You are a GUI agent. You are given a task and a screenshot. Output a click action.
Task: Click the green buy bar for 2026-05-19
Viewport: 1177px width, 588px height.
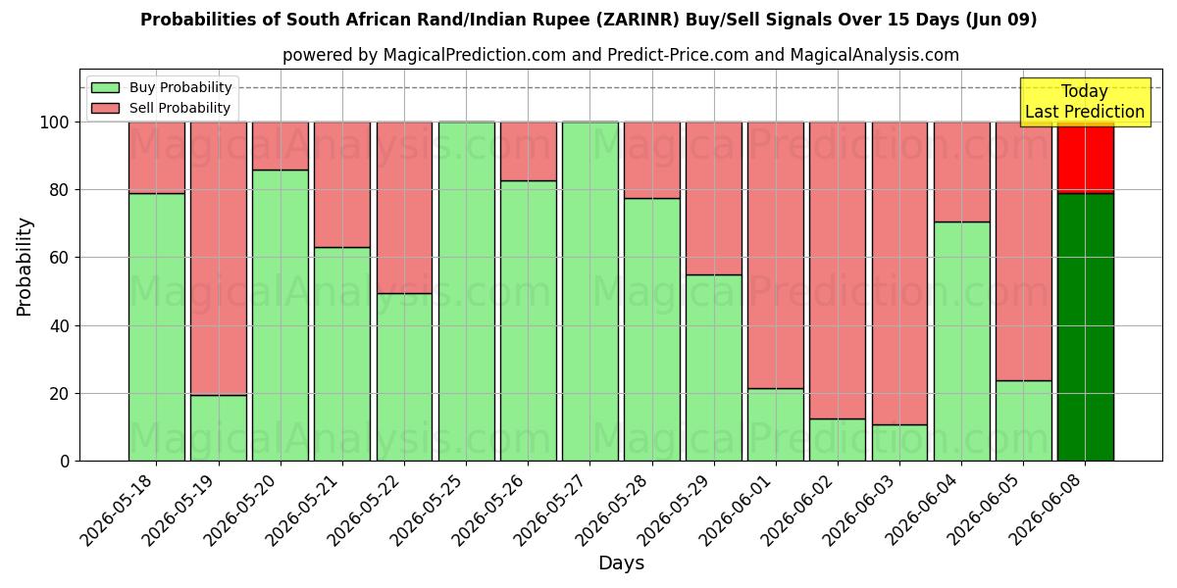pos(219,428)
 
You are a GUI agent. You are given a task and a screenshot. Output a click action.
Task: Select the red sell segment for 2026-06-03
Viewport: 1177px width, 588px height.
pos(899,273)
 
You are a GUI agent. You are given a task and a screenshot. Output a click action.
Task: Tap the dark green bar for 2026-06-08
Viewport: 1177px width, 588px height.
pos(1086,327)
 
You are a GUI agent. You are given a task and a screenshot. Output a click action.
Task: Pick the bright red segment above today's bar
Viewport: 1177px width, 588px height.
pos(1086,158)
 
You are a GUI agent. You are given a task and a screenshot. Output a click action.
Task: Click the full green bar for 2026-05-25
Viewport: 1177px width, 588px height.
pos(467,291)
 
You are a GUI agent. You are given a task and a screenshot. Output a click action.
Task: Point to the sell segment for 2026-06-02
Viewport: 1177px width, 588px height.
pos(838,270)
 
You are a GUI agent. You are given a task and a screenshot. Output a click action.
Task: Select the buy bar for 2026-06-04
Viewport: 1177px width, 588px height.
pos(961,341)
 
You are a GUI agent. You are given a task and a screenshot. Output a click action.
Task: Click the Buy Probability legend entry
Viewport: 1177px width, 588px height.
pos(161,87)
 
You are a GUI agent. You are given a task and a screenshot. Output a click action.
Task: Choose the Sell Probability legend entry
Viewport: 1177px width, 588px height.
pos(161,108)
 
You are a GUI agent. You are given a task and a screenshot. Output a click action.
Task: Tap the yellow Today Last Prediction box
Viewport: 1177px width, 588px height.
pos(1086,102)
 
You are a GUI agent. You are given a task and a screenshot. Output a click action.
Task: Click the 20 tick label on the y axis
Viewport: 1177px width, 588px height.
pos(59,394)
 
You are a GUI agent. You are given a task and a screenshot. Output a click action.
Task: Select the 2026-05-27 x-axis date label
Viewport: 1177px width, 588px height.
pos(550,510)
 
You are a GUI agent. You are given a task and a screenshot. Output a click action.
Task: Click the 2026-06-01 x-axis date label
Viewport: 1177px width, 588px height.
pos(737,510)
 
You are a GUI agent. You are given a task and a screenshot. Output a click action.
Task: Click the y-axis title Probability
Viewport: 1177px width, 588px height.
pos(25,267)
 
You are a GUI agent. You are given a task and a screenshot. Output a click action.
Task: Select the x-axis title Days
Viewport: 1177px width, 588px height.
pos(621,563)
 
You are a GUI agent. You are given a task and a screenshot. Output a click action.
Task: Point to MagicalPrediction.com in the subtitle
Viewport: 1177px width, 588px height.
pos(475,55)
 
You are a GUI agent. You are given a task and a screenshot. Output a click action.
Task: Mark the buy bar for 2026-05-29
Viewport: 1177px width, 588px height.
pos(714,368)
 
